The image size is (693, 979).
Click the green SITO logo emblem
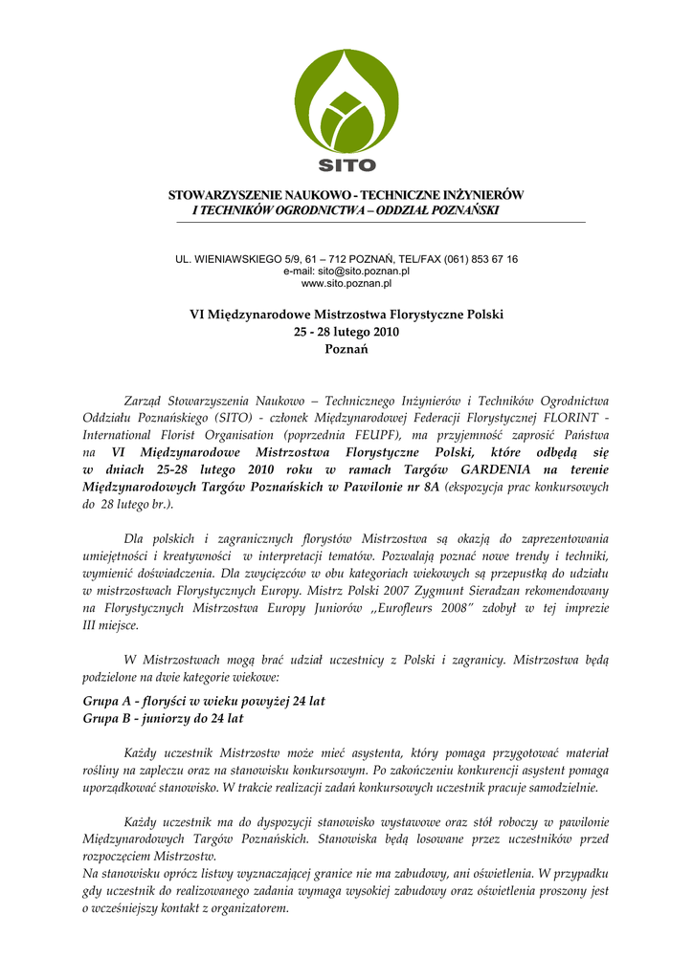[x=346, y=99]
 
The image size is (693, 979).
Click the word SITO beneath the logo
[x=346, y=164]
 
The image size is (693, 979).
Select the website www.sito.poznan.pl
[x=346, y=284]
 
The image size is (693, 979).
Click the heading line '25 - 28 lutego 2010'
[x=346, y=332]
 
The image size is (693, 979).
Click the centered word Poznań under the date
[x=346, y=349]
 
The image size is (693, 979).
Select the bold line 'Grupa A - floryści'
[x=204, y=701]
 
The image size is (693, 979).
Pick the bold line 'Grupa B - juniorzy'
[x=164, y=717]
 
